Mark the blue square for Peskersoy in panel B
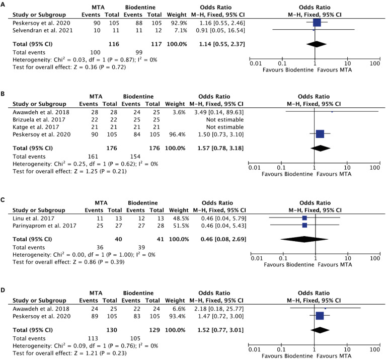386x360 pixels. pos(320,133)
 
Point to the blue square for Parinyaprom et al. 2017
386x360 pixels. pos(304,226)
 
